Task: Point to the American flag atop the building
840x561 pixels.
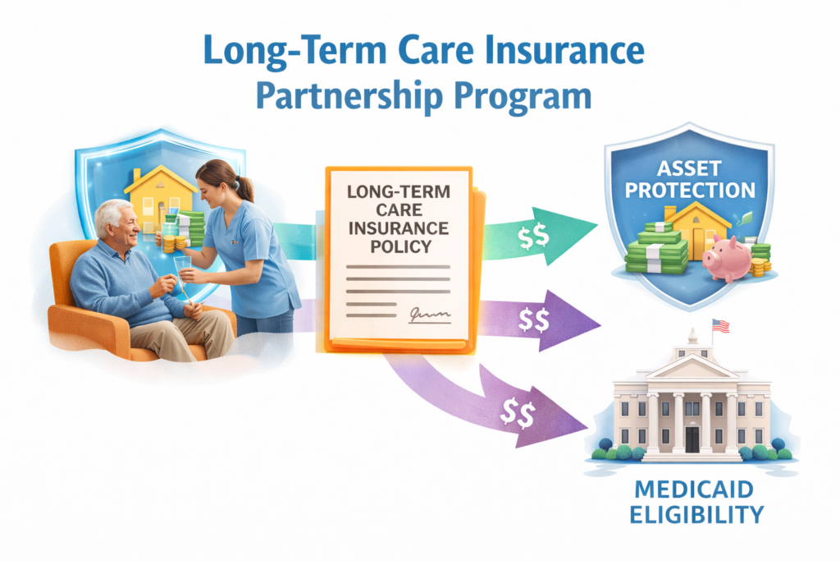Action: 720,325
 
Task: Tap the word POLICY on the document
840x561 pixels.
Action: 399,246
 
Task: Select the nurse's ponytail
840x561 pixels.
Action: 244,185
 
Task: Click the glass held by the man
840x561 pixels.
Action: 182,268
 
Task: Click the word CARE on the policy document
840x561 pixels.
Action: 399,209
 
